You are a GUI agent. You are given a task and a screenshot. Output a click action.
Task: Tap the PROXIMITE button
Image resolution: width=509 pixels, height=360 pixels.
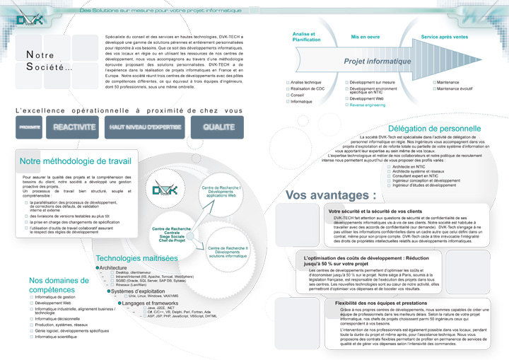pos(30,127)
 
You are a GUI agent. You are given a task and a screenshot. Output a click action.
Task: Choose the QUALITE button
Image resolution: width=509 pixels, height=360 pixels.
pos(218,127)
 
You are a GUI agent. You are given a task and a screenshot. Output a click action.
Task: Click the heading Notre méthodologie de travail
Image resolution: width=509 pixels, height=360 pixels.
pos(76,161)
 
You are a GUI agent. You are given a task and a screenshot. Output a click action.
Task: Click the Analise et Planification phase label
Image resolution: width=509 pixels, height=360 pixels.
pos(306,37)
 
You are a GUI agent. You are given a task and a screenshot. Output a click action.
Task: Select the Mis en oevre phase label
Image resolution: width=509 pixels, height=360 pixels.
pos(365,36)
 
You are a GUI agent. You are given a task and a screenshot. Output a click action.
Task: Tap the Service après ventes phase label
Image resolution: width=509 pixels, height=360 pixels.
pos(444,36)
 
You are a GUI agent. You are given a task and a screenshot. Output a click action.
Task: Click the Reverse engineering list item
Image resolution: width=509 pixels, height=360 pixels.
pos(367,105)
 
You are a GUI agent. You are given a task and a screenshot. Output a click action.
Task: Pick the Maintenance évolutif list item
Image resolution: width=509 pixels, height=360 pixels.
pos(455,88)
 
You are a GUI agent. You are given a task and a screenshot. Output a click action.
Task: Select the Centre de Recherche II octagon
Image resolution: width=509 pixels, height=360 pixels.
pos(228,252)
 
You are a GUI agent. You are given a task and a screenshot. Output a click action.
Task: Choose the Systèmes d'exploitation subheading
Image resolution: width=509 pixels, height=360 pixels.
pos(139,291)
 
